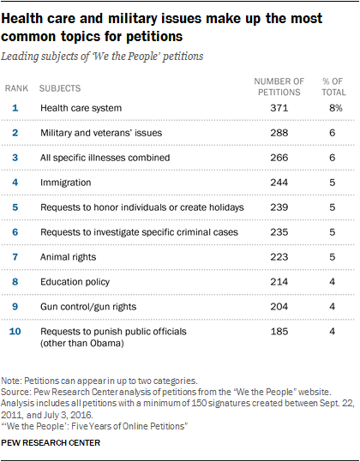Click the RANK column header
pyautogui.click(x=16, y=88)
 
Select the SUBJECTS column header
pyautogui.click(x=60, y=88)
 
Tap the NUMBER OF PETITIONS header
pyautogui.click(x=279, y=87)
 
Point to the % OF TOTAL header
pyautogui.click(x=333, y=87)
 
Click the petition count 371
pyautogui.click(x=279, y=108)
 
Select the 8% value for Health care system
pyautogui.click(x=336, y=108)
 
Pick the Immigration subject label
pyautogui.click(x=66, y=183)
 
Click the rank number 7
pyautogui.click(x=15, y=257)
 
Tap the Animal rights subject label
pyautogui.click(x=68, y=257)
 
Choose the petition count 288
pyautogui.click(x=279, y=133)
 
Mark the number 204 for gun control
pyautogui.click(x=279, y=307)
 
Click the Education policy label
pyautogui.click(x=75, y=282)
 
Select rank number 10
pyautogui.click(x=15, y=332)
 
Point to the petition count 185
pyautogui.click(x=279, y=332)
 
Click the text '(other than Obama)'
pyautogui.click(x=82, y=343)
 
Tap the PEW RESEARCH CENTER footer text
pyautogui.click(x=51, y=443)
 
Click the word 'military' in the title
pyautogui.click(x=133, y=19)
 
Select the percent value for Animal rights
pyautogui.click(x=333, y=257)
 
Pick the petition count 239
pyautogui.click(x=279, y=207)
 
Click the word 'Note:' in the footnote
pyautogui.click(x=11, y=381)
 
